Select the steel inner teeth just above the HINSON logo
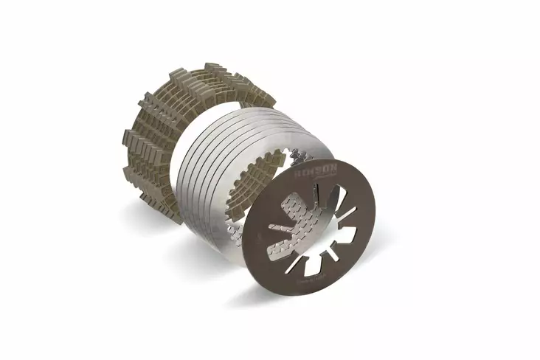[x=302, y=157]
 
